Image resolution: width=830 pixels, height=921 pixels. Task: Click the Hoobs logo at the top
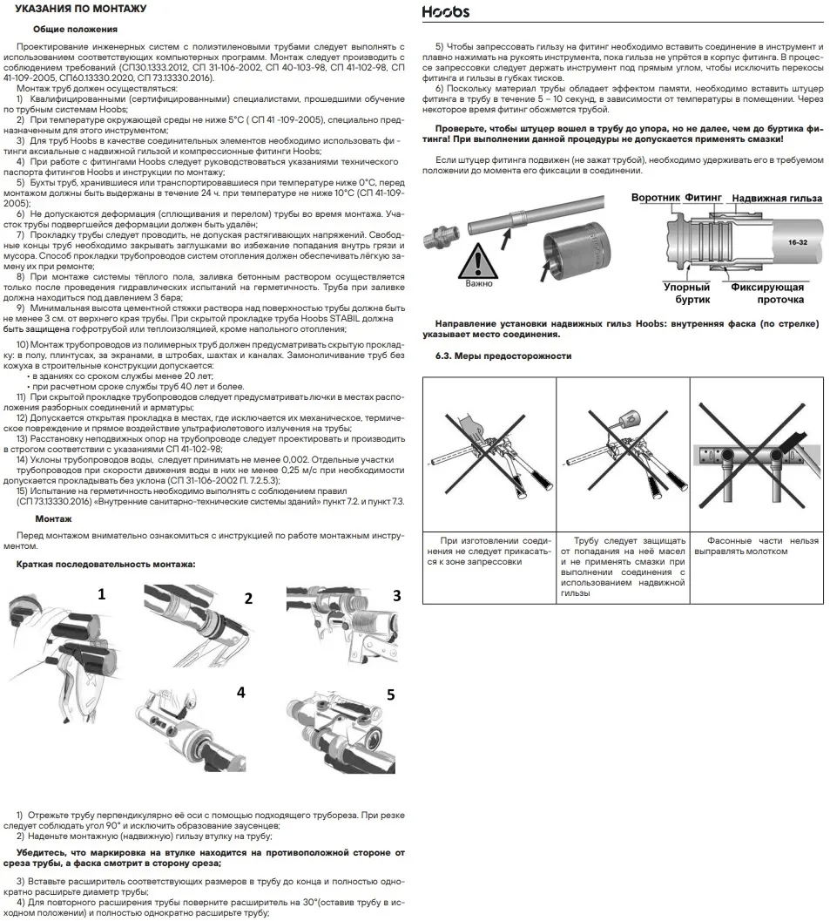click(445, 11)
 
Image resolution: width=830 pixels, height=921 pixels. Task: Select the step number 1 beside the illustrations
click(101, 594)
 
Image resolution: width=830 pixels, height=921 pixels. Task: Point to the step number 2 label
click(248, 598)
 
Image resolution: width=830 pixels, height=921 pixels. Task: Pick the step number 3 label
click(397, 596)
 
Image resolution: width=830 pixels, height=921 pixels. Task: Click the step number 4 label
click(240, 692)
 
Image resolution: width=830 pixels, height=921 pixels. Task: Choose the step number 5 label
click(391, 694)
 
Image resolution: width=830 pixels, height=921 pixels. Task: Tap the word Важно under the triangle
click(478, 283)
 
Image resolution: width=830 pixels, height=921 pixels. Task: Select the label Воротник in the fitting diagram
click(655, 198)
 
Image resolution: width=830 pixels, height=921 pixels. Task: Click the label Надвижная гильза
click(777, 199)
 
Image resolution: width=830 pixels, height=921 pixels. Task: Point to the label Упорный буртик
click(687, 293)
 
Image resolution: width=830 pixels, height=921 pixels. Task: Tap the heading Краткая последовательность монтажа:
click(105, 565)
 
